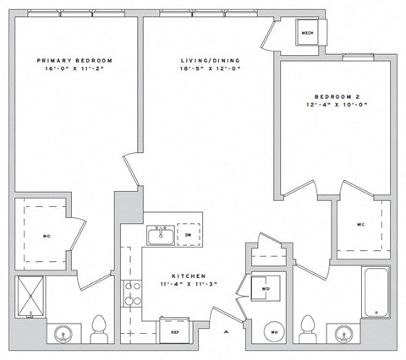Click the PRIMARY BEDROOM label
(75, 61)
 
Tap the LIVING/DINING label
(205, 61)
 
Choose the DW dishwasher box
(189, 235)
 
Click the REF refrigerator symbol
(175, 330)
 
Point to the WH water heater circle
(273, 332)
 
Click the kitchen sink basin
(158, 236)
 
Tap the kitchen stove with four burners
(133, 292)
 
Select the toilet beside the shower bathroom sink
(98, 328)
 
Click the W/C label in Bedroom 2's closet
(360, 225)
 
